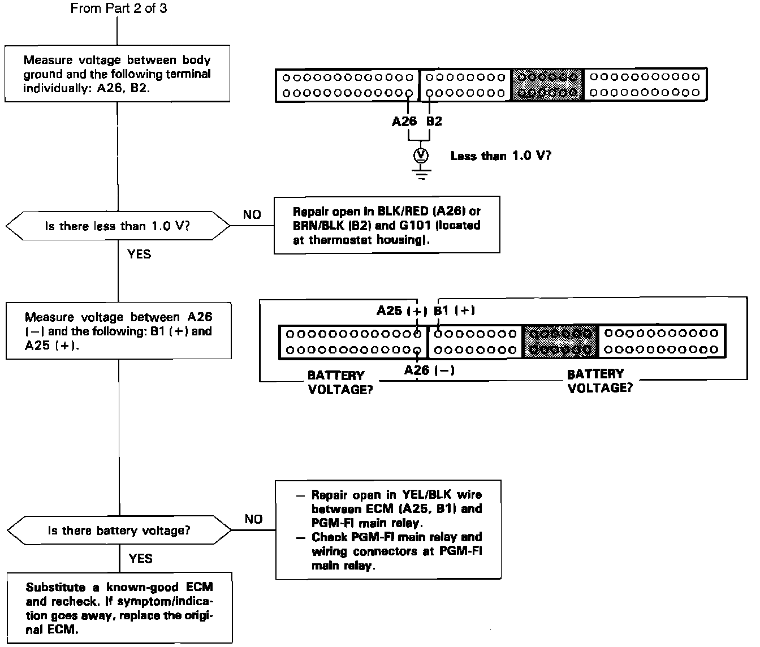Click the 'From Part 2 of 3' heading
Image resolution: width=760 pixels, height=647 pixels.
119,8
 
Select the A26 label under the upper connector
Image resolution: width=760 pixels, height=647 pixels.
405,121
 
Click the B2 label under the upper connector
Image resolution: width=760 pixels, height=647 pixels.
434,121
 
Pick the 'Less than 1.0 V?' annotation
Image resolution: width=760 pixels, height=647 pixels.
500,156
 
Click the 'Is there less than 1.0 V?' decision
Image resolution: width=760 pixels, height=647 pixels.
118,226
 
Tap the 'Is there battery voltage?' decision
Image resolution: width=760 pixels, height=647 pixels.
119,530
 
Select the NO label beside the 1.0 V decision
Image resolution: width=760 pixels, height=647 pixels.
252,215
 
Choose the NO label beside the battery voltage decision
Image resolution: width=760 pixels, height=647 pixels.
254,519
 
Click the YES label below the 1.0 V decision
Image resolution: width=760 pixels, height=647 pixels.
139,254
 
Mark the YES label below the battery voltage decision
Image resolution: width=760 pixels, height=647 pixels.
140,559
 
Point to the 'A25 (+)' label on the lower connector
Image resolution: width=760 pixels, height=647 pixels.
402,310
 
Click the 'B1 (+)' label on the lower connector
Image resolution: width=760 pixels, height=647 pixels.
454,310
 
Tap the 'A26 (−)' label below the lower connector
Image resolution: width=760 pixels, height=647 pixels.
430,370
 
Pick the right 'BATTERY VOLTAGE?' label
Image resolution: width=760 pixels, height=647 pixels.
599,381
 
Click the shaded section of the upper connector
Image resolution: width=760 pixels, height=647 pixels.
547,84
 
